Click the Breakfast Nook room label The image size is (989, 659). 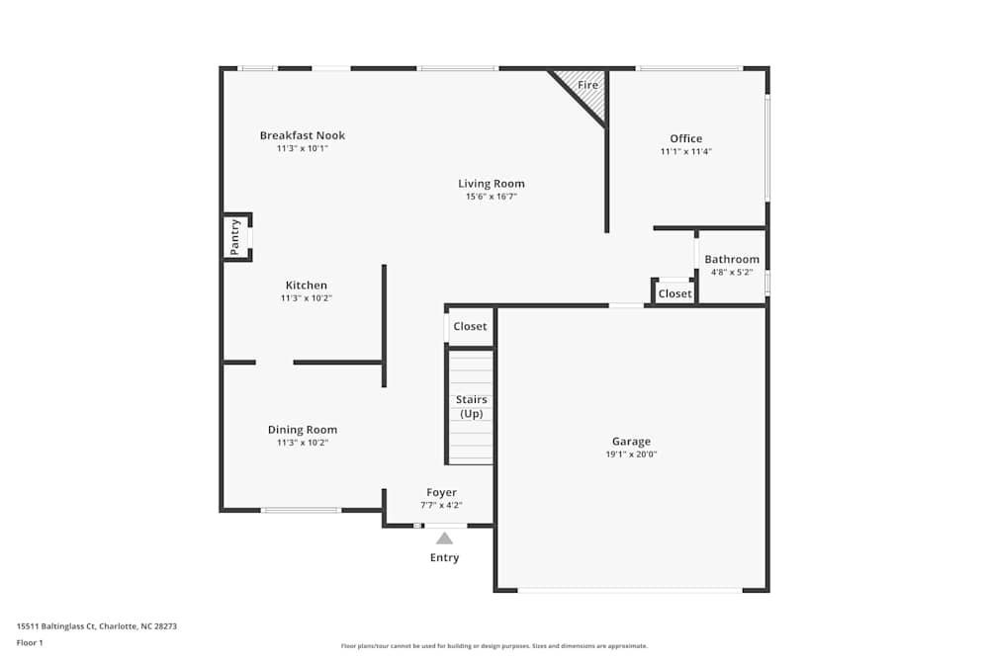(302, 135)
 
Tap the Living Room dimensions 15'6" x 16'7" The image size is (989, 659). (492, 197)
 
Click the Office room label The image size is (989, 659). (685, 138)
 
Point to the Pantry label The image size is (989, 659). (234, 237)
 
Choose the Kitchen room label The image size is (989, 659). (306, 286)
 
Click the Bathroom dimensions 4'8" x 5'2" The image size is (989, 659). (732, 272)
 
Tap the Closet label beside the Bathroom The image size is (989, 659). (674, 293)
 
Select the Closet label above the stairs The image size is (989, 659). (470, 326)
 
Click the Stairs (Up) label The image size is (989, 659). (471, 406)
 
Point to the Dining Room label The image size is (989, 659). (302, 430)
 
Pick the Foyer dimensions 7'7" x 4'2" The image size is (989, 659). (441, 505)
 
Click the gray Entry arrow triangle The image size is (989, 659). (444, 538)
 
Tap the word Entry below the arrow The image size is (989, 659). (444, 557)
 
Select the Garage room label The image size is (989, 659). (631, 442)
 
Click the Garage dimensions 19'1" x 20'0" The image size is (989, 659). (631, 454)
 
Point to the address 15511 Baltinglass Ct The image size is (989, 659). (56, 626)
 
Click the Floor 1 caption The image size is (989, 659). (30, 642)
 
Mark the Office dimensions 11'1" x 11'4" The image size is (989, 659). (685, 151)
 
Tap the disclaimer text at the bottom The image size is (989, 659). (494, 646)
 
